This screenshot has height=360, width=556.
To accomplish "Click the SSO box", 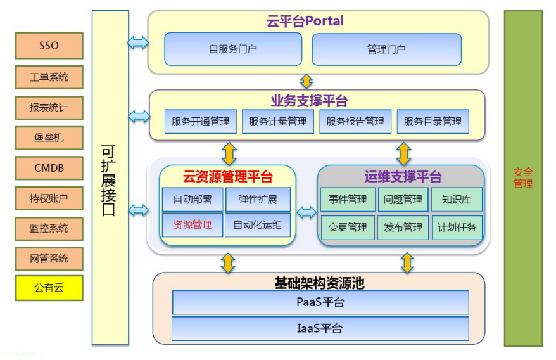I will tap(49, 46).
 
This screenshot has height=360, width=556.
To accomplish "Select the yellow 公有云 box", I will tap(49, 288).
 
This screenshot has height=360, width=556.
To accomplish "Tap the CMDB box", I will tap(49, 168).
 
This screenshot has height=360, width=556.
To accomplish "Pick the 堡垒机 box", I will tap(49, 138).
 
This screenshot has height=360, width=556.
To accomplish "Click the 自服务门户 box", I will tap(233, 49).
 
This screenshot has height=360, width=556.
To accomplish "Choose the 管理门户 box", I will tap(386, 49).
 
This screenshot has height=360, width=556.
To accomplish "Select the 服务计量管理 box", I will tap(277, 122).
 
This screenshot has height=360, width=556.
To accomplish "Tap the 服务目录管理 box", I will tap(433, 122).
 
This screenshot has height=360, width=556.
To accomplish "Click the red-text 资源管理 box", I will tap(193, 224).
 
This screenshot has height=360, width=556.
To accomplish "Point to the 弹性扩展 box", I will tap(258, 200).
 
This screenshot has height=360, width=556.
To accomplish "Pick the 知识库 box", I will tap(457, 200).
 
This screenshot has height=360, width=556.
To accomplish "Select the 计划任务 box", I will tap(457, 227).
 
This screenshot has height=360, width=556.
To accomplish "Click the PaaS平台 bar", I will tap(320, 302).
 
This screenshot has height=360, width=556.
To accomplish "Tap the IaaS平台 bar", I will tap(320, 328).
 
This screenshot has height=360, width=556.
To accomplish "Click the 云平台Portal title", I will tap(305, 21).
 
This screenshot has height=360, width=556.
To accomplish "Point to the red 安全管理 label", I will tap(523, 178).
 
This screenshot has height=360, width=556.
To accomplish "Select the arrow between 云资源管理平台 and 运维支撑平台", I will tap(306, 213).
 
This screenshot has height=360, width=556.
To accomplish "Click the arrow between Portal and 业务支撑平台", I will tap(306, 81).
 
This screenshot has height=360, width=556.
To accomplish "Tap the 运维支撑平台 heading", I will tap(403, 177).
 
